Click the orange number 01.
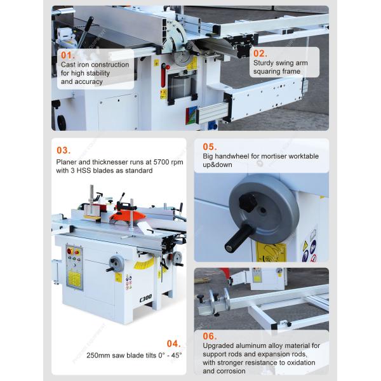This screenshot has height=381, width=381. click(68, 55)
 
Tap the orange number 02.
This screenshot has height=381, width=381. click(260, 53)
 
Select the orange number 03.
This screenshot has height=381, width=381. click(63, 150)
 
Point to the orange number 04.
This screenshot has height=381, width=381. click(174, 344)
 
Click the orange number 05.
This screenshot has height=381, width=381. click(210, 147)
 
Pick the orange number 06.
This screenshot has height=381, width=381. click(210, 337)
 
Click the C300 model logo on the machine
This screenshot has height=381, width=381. click(146, 298)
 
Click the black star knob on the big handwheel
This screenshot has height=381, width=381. click(248, 201)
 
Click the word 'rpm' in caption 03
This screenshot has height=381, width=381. click(177, 163)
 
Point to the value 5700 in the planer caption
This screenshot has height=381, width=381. click(161, 162)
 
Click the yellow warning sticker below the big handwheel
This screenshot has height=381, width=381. click(271, 252)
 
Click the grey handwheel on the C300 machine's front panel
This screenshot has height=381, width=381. click(117, 264)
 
